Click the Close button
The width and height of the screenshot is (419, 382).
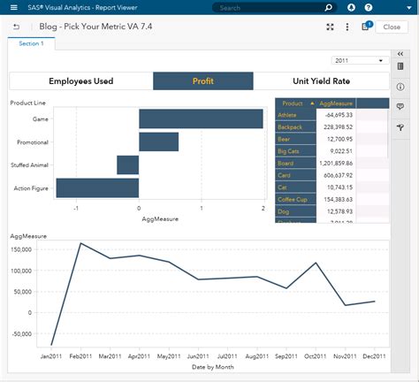[391, 27]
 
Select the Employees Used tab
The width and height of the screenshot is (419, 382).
[80, 81]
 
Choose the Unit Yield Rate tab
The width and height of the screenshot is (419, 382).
[321, 81]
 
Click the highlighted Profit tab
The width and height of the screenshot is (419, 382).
[203, 81]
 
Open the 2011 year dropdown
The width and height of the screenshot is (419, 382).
[360, 61]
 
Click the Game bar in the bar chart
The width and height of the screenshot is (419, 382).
[201, 118]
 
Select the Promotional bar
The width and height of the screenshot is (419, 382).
[158, 141]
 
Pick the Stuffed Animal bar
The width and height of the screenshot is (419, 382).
[128, 164]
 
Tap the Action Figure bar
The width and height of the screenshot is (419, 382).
[97, 187]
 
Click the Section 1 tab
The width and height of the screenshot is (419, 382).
[31, 43]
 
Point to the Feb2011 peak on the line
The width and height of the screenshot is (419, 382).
[80, 243]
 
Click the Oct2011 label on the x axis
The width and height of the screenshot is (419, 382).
[316, 356]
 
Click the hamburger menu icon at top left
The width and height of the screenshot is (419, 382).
[13, 7]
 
